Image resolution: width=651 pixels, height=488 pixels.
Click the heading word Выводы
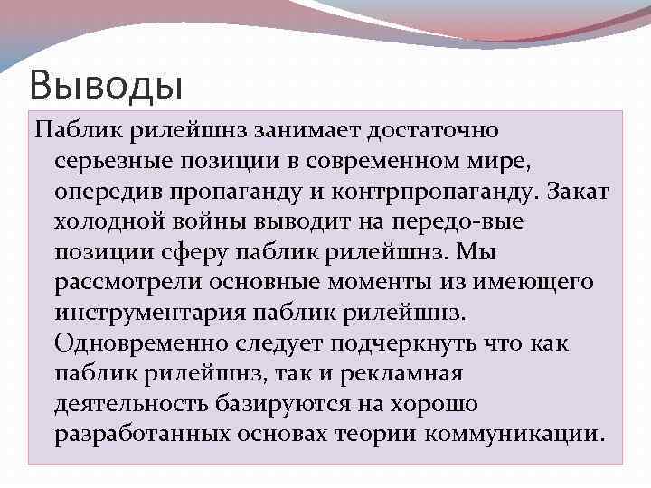(x=106, y=87)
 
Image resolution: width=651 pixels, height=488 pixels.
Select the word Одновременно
(x=140, y=344)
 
